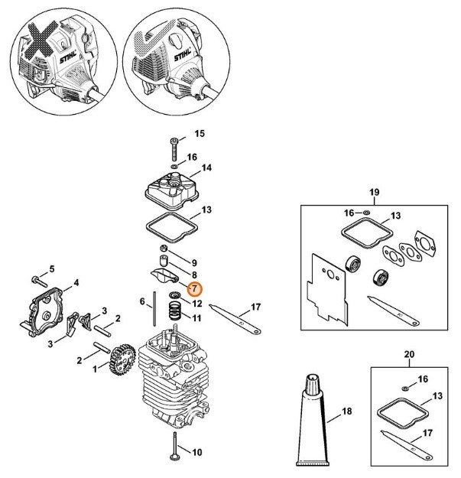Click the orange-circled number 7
click(193, 288)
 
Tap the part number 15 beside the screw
click(200, 134)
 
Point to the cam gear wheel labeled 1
click(120, 359)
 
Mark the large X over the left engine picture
click(43, 46)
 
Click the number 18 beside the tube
click(346, 411)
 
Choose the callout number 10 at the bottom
click(196, 453)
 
